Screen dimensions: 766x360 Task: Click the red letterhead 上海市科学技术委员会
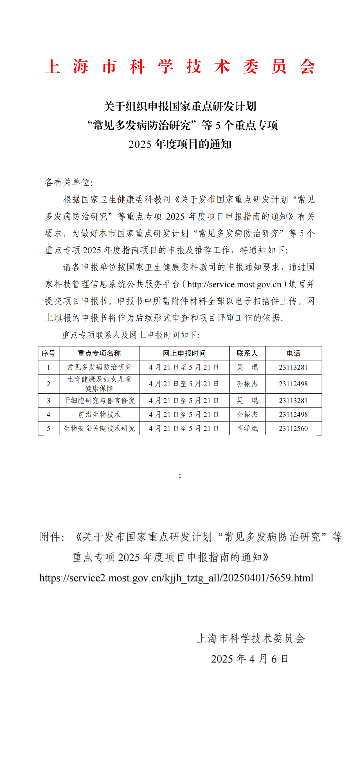coord(180,66)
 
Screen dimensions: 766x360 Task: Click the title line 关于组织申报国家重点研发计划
coord(180,107)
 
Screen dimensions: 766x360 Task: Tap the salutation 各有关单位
coord(68,182)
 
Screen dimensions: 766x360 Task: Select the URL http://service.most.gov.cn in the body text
coord(234,284)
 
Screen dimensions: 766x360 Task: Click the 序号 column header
coord(48,353)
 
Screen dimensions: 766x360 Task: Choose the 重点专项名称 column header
coord(99,353)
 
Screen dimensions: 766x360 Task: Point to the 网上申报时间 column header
coord(184,353)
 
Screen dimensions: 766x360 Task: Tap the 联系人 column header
coord(247,353)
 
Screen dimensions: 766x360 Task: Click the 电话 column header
coord(293,353)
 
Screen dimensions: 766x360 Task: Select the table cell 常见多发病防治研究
coord(99,367)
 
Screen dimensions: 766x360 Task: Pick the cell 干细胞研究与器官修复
coord(99,400)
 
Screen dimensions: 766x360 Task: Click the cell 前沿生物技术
coord(99,414)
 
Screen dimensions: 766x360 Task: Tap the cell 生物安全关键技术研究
coord(99,429)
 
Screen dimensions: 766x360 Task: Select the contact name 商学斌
coord(247,429)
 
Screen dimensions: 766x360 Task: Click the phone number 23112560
coord(293,429)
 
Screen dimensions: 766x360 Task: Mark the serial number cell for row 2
coord(48,384)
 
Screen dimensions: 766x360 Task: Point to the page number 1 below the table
coord(180,476)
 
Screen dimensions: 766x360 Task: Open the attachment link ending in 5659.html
coord(176,578)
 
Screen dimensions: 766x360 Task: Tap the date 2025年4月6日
coord(249,659)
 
